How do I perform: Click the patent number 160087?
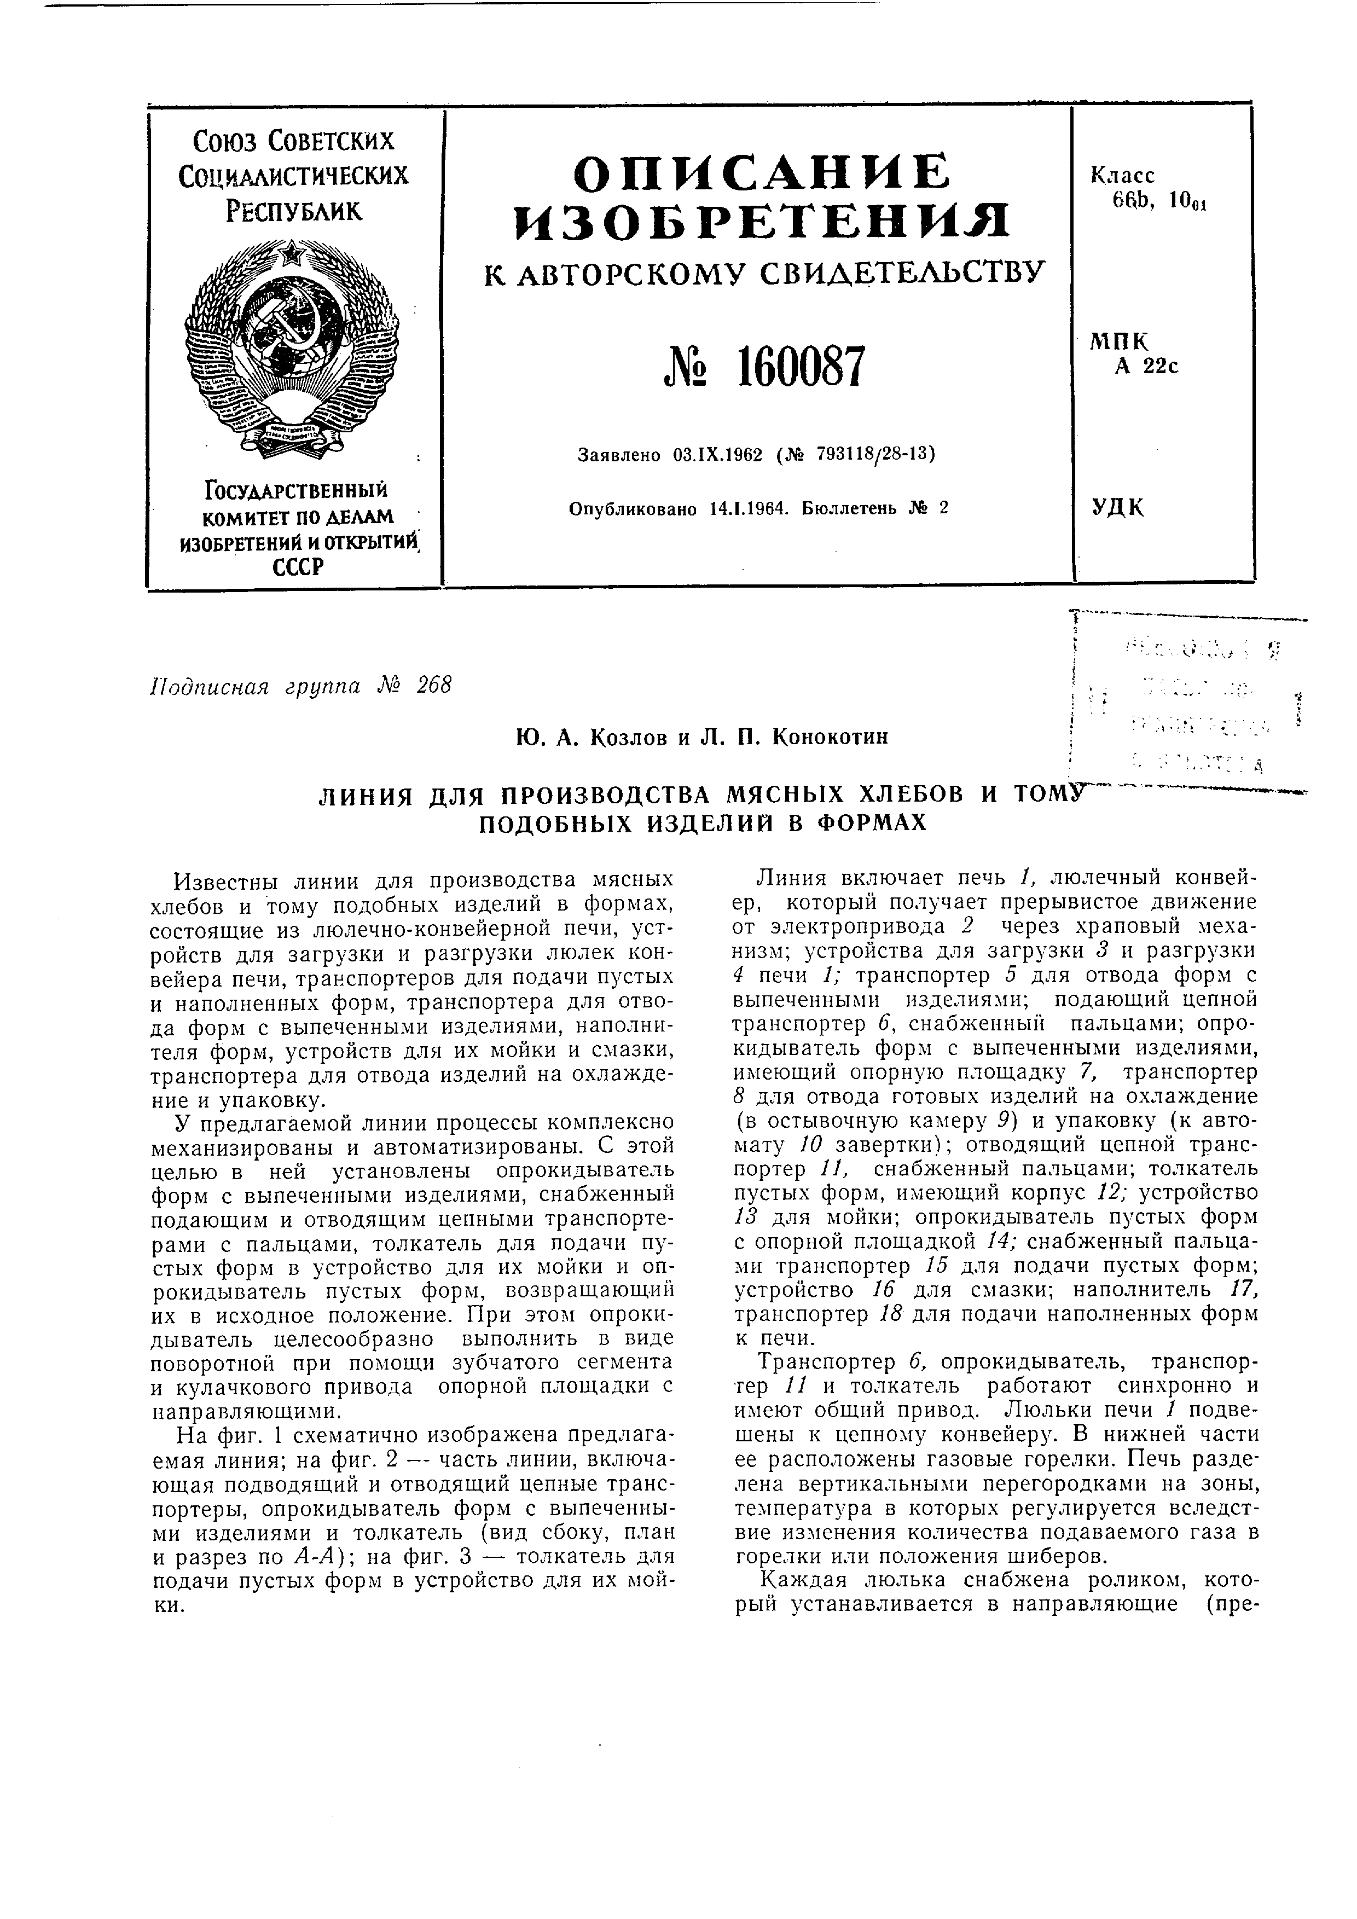801,367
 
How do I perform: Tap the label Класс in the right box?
1122,176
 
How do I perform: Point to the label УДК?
1117,507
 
